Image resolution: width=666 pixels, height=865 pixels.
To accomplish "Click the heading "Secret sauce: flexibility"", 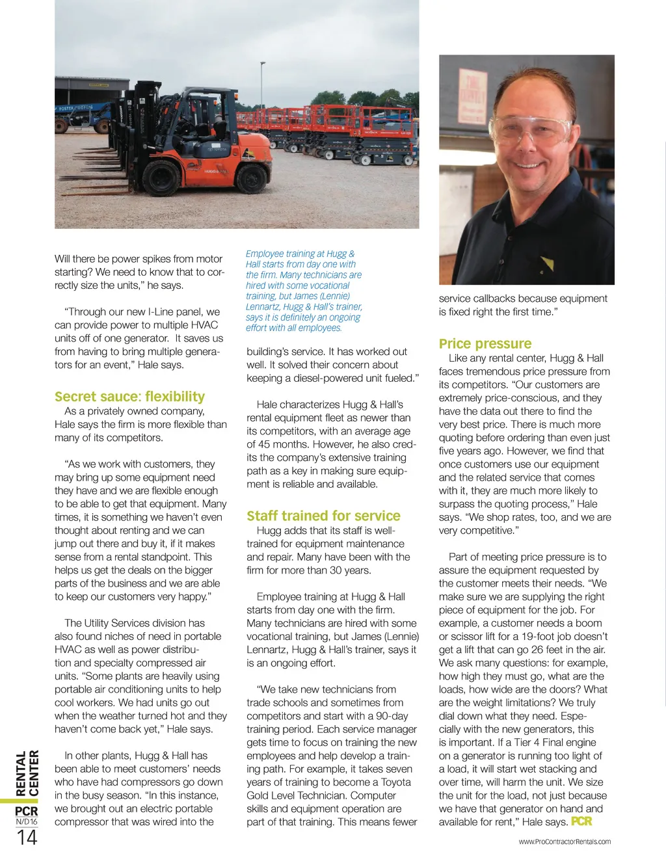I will [129, 397].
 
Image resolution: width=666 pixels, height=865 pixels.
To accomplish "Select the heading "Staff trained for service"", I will [323, 516].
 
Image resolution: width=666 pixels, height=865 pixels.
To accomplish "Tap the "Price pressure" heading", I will [485, 343].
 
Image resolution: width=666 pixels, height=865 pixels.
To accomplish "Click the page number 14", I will [27, 838].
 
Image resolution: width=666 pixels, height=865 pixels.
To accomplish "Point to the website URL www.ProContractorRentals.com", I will [565, 842].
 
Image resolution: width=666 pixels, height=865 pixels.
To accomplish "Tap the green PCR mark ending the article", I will [581, 821].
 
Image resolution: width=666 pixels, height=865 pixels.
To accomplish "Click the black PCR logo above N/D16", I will [27, 811].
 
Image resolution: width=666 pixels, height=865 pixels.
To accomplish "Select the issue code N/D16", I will [27, 822].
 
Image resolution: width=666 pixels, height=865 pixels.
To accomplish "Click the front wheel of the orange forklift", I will [161, 177].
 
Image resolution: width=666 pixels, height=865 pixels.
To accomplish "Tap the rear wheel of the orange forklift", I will [251, 177].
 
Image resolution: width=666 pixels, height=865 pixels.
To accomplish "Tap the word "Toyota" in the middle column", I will [396, 782].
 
